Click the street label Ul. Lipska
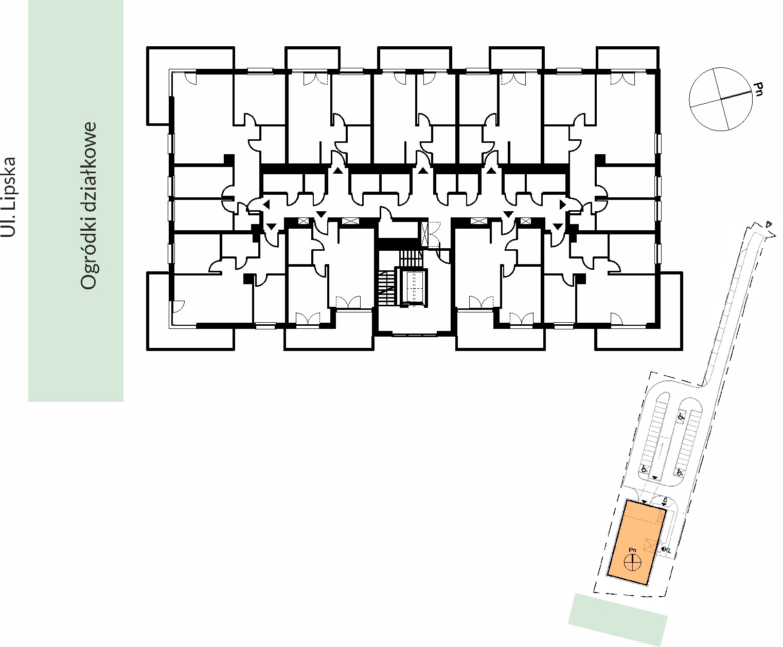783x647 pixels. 8,197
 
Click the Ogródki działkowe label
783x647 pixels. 88,206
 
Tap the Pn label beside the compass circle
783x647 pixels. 758,89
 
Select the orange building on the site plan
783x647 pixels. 636,542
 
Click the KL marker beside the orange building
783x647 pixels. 666,550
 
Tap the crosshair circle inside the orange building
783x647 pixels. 632,563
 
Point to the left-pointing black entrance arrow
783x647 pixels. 266,205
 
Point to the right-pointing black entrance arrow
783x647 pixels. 562,205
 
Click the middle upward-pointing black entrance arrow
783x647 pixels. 423,171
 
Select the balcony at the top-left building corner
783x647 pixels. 190,85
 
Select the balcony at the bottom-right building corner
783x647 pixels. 638,311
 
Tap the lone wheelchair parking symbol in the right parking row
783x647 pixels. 681,416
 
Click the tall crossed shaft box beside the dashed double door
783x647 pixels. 425,234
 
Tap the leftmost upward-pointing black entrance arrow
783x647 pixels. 338,171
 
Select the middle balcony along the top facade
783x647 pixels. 414,58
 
